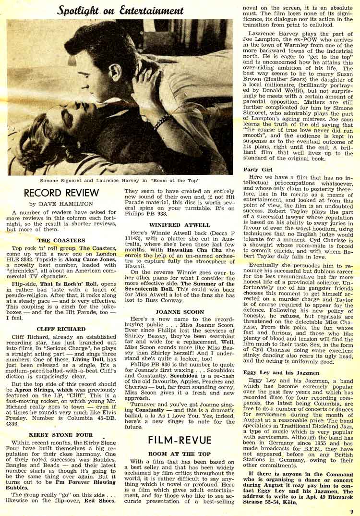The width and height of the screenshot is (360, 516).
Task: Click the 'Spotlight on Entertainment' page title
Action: pos(120,10)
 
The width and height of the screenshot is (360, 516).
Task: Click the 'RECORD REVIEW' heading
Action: pos(61,193)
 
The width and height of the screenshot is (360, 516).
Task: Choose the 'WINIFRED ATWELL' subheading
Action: pos(179,224)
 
